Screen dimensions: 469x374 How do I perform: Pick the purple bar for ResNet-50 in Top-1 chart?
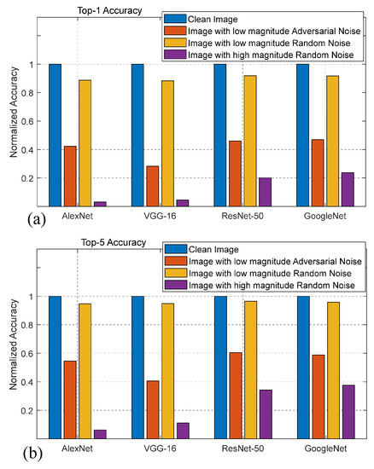[264, 192]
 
